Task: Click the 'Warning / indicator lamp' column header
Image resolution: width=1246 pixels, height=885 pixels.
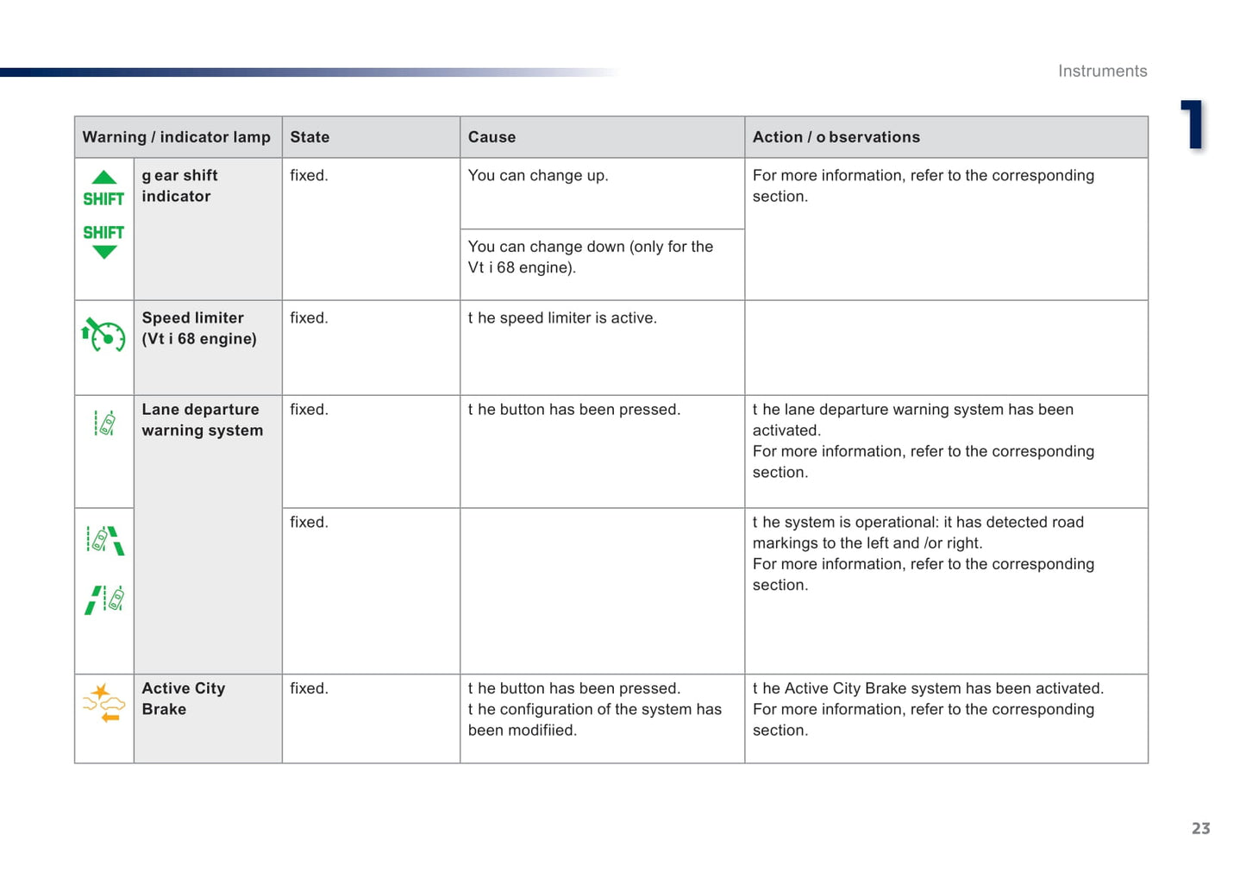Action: (x=176, y=137)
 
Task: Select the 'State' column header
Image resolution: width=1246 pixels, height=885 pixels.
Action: (x=310, y=137)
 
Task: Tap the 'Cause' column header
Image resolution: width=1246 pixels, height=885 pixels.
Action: (x=492, y=137)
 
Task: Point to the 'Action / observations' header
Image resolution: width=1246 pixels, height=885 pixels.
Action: (x=836, y=137)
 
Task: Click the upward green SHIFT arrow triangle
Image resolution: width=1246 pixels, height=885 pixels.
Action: (x=104, y=178)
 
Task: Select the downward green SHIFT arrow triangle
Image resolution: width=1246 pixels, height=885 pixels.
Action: (x=104, y=252)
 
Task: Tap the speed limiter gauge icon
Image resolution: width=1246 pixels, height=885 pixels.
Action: (x=103, y=335)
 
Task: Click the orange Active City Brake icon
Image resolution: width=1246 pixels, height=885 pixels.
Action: (x=103, y=702)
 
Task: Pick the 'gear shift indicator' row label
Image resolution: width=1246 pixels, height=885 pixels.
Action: (x=179, y=185)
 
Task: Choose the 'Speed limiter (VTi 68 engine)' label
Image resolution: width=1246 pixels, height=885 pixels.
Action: (x=198, y=329)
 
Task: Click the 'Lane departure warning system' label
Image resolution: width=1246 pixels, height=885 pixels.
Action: (x=202, y=420)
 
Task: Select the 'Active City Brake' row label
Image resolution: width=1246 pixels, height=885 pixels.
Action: (x=183, y=699)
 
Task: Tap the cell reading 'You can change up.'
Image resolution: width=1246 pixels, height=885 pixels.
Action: (x=538, y=176)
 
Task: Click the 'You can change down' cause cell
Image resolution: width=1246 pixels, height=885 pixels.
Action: (x=590, y=257)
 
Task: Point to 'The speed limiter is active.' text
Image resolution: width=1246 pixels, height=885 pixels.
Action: (x=562, y=318)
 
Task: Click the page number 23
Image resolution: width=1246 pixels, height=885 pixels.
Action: (x=1200, y=828)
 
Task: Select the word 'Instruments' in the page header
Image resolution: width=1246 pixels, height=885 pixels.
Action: (x=1102, y=72)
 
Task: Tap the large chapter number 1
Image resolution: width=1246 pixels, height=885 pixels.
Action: (x=1193, y=125)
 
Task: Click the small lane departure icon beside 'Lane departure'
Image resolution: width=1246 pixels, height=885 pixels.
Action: (x=104, y=423)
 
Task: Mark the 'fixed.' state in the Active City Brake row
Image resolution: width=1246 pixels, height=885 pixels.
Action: (x=309, y=688)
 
